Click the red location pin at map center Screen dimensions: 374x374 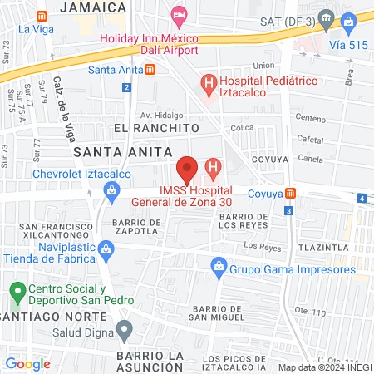coord(188,169)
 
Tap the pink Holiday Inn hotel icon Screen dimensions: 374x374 coord(178,15)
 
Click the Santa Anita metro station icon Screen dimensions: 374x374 coord(149,70)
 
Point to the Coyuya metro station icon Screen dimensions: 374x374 coord(291,194)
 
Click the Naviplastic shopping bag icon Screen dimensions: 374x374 coord(106,249)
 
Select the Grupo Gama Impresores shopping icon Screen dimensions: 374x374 coord(219,266)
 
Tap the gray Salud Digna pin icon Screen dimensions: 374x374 coord(125,331)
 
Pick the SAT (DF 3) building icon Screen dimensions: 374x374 coord(326,18)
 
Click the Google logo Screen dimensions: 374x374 coord(27,363)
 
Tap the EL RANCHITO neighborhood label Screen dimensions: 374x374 coord(157,128)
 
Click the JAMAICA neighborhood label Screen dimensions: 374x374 coord(92,7)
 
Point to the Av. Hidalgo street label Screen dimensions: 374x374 coord(161,114)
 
